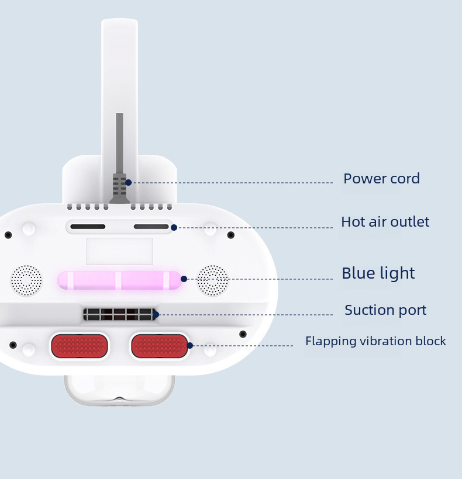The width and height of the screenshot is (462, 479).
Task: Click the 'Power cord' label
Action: coord(381,179)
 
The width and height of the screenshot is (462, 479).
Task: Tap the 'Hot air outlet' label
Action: coord(385,222)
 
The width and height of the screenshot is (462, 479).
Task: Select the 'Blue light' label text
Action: coord(378,273)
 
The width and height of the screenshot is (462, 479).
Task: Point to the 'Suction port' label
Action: coord(385,310)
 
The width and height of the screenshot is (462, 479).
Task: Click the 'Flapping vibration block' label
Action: coord(375,341)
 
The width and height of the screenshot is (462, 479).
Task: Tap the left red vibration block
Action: coord(80,346)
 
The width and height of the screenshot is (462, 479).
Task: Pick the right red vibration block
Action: coord(159,346)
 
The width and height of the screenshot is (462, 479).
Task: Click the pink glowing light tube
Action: coord(119,280)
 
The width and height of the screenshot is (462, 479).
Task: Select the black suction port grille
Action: coord(119,314)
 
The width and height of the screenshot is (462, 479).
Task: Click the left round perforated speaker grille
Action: coord(26,280)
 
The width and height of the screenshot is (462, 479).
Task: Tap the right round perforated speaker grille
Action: coord(212,280)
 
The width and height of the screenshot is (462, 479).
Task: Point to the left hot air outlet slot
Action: coord(88,227)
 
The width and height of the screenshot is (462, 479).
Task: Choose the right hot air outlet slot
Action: coord(151,227)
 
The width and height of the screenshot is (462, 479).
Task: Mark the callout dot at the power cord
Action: coord(129,182)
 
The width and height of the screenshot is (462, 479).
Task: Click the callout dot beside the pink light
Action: coord(184,279)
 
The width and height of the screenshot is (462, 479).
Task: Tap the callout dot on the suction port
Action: coord(156,315)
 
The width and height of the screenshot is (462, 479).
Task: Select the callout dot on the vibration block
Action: coord(190,345)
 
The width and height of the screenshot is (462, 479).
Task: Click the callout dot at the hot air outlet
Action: coord(174,227)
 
